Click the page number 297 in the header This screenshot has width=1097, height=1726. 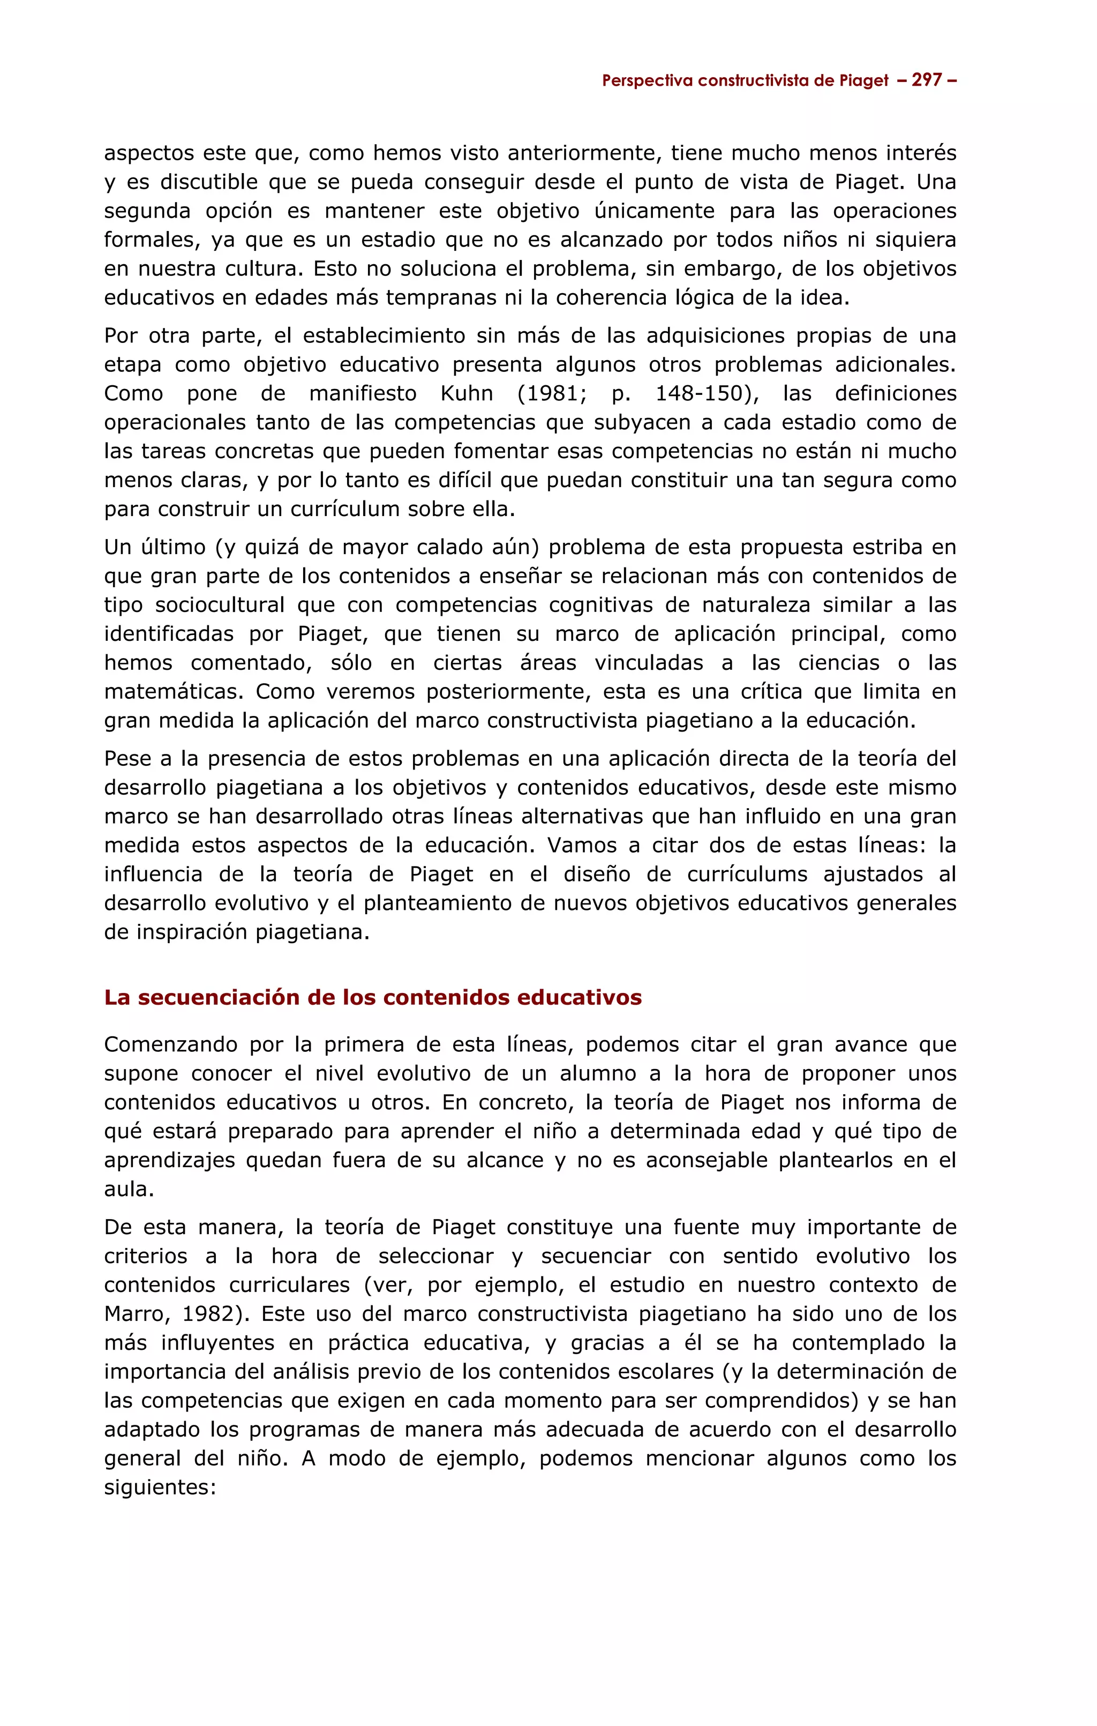pyautogui.click(x=927, y=80)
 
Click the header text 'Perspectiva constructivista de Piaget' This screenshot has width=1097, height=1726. pyautogui.click(x=745, y=81)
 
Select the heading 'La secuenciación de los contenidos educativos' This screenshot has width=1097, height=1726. pyautogui.click(x=373, y=998)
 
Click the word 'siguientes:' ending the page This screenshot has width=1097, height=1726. pyautogui.click(x=160, y=1488)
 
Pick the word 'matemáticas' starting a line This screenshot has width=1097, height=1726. pyautogui.click(x=174, y=692)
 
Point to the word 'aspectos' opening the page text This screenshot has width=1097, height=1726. pyautogui.click(x=148, y=153)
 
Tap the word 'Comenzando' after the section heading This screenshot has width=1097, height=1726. pyautogui.click(x=171, y=1044)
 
